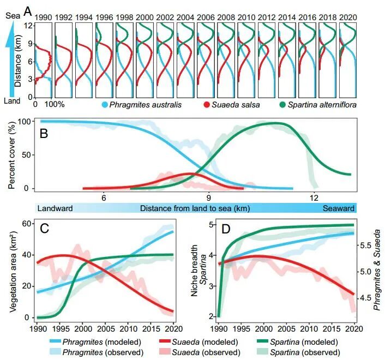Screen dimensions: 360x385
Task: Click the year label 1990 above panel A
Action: click(43, 17)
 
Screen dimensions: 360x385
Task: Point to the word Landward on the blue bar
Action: click(55, 208)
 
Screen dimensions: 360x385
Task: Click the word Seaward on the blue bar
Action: click(338, 208)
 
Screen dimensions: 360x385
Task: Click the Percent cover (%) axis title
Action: click(11, 155)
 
